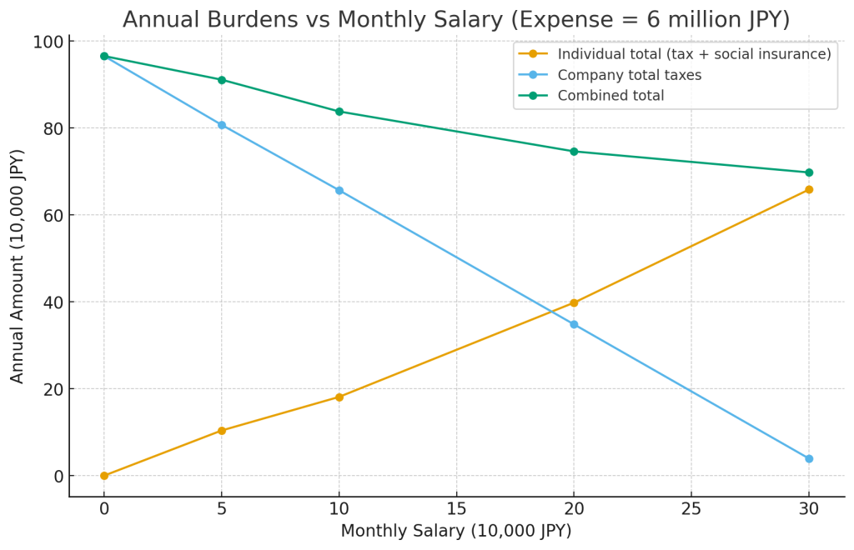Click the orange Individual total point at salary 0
(104, 476)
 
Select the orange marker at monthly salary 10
(339, 397)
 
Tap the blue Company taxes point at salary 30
(808, 458)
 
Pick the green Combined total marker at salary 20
(574, 152)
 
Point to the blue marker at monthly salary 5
(222, 125)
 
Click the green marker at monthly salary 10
(339, 112)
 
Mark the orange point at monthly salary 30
(808, 189)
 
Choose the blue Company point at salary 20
(574, 324)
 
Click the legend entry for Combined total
(610, 96)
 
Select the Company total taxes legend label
(629, 75)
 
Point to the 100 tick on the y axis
(49, 42)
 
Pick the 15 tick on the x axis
(456, 508)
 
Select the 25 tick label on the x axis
(691, 508)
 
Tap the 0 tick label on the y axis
(58, 476)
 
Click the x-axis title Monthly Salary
(456, 531)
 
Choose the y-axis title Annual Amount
(18, 266)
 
